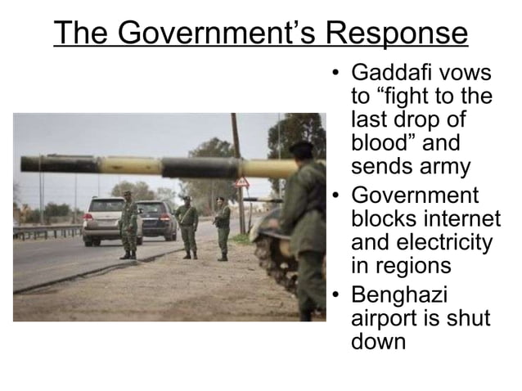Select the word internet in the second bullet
[461, 220]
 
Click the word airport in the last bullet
[383, 317]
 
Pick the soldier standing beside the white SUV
[128, 226]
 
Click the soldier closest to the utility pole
[221, 227]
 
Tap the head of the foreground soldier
[301, 151]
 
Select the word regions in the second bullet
[404, 267]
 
